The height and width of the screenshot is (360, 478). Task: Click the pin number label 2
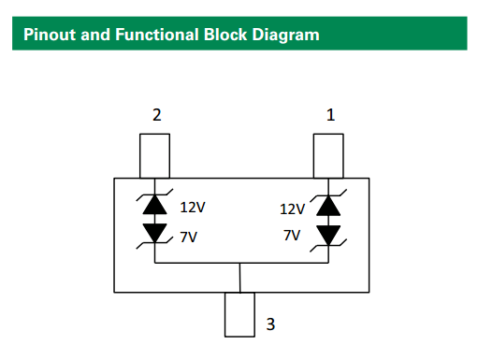(156, 115)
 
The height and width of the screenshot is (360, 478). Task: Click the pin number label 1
(329, 115)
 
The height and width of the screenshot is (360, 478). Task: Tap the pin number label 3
(270, 324)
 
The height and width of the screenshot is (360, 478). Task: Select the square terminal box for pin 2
(154, 155)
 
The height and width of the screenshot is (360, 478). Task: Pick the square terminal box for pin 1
(327, 155)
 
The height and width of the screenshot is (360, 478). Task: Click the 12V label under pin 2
(193, 208)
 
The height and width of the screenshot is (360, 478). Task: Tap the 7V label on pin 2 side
(190, 238)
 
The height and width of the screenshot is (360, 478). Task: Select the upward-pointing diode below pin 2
(154, 204)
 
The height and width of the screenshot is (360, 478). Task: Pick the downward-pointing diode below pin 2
(154, 231)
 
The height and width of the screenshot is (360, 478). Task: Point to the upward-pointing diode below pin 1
(327, 204)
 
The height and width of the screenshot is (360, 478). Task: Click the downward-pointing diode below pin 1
(327, 231)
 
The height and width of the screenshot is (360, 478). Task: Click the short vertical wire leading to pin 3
(240, 278)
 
